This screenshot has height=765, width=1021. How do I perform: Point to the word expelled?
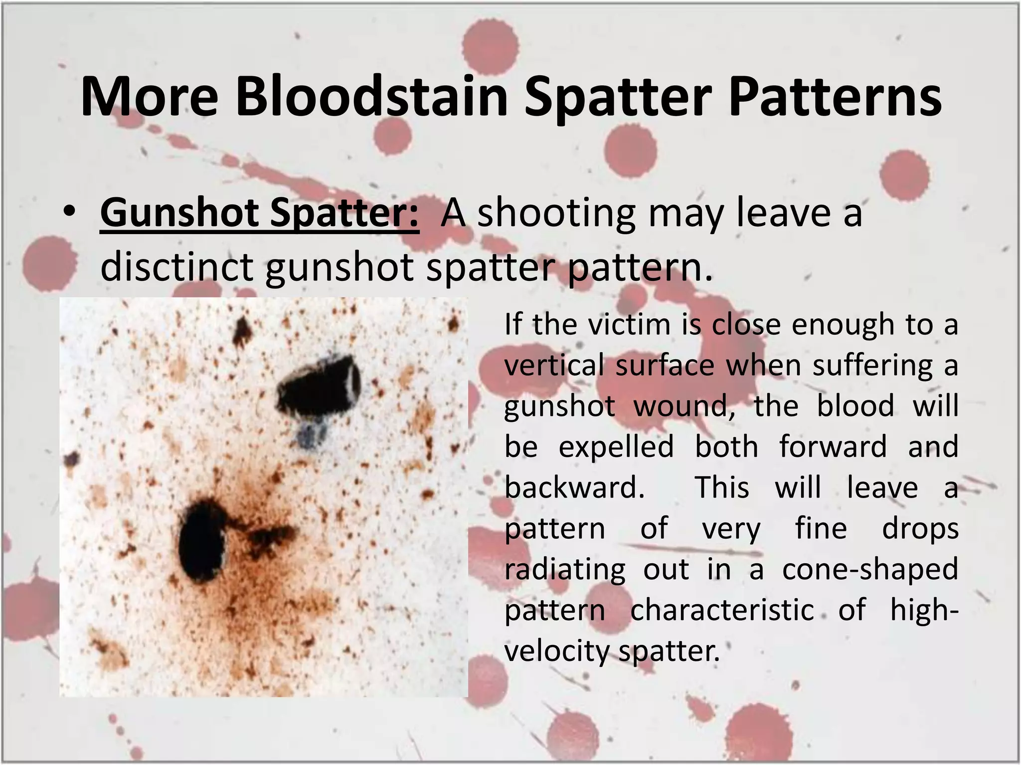pyautogui.click(x=616, y=447)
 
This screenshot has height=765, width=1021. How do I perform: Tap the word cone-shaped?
pyautogui.click(x=870, y=569)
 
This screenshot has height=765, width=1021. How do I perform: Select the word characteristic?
pyautogui.click(x=722, y=610)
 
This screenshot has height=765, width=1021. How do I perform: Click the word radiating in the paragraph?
pyautogui.click(x=565, y=569)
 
